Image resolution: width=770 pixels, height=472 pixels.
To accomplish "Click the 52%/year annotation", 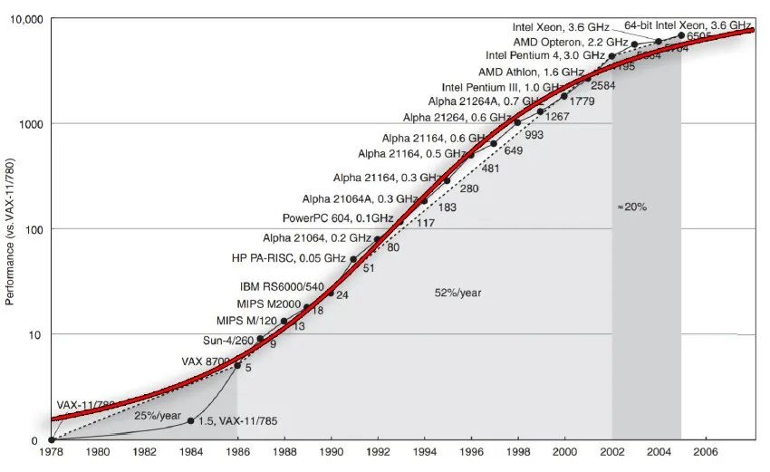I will [x=458, y=293].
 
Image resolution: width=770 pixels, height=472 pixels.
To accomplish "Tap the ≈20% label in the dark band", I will [x=631, y=207].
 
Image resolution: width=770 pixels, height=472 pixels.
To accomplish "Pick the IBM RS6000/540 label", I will [x=282, y=286].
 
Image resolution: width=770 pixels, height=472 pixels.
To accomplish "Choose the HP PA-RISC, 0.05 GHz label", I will [x=289, y=258].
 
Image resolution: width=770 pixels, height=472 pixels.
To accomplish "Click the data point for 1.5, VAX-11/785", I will [x=191, y=420].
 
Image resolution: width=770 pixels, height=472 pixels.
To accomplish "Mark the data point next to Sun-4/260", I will [x=261, y=339].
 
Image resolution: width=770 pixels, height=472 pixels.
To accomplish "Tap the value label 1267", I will [x=557, y=116].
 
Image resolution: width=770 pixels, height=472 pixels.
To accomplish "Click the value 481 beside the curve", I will [x=491, y=169].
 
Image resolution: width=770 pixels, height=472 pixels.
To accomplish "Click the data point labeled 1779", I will [x=564, y=95].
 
